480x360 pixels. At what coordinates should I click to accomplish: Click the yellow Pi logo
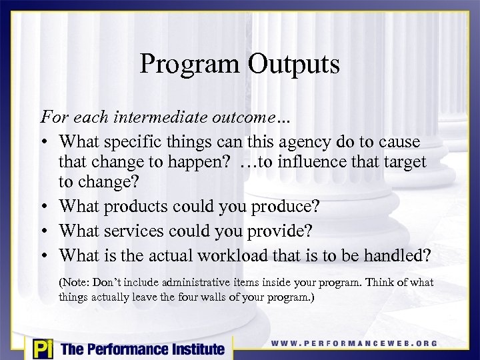tap(42, 348)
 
